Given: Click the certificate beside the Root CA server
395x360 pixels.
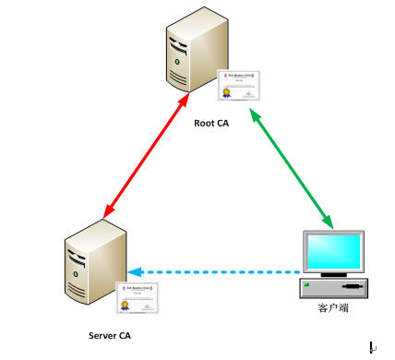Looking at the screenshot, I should [x=235, y=85].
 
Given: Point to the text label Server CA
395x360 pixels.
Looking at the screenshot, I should [x=110, y=335].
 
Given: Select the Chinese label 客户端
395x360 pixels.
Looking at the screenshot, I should [x=331, y=307].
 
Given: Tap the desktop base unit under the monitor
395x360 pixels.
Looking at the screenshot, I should [x=333, y=288].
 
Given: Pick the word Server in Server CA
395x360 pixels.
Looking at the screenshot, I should [x=102, y=335].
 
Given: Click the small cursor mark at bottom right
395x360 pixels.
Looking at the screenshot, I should [x=371, y=347].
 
